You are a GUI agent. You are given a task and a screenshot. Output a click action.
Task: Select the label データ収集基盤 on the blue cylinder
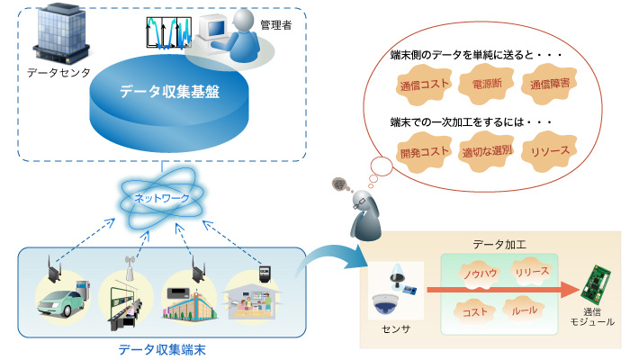171,92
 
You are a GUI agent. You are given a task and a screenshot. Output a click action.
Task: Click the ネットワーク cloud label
162,198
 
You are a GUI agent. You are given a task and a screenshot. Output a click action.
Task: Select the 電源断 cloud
486,84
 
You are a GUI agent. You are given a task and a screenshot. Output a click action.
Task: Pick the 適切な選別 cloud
486,149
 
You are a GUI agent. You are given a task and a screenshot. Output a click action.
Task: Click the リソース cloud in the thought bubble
550,149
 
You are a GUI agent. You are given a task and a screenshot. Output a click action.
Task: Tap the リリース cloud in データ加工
532,269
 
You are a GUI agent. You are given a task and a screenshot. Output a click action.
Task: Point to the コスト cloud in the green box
473,311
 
